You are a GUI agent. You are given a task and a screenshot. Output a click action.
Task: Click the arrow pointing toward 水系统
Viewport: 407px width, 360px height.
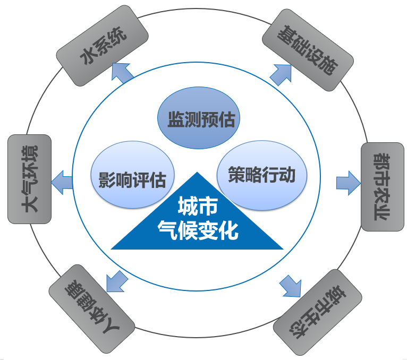pyautogui.click(x=123, y=72)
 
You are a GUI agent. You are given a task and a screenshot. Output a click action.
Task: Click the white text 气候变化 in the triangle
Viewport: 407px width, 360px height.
pyautogui.click(x=197, y=232)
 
